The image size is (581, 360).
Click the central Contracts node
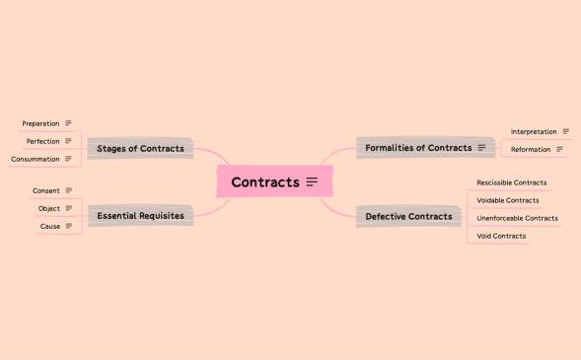[264, 182]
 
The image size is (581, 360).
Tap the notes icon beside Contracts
[312, 181]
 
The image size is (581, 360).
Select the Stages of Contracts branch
[140, 148]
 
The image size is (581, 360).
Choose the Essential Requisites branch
[140, 215]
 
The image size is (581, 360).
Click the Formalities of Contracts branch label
[418, 148]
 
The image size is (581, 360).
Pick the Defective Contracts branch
[408, 216]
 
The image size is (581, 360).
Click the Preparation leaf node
[40, 123]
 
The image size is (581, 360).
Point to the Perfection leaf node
[43, 141]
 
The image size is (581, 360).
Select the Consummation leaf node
[36, 159]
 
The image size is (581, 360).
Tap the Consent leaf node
[46, 190]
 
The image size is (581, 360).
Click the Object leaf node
[49, 208]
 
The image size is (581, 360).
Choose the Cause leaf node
[49, 226]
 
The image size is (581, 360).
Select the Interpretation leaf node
[534, 131]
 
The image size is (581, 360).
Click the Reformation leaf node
[531, 149]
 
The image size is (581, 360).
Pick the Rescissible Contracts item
[511, 182]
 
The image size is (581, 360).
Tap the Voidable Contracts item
[507, 200]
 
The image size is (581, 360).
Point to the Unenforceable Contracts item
[517, 218]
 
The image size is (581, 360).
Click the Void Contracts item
[501, 236]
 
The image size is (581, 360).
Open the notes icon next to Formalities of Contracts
[481, 148]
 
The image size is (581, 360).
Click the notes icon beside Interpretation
[565, 131]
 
